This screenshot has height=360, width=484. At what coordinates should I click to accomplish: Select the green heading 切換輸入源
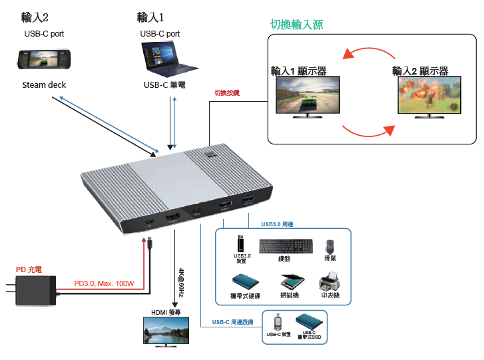pyautogui.click(x=296, y=25)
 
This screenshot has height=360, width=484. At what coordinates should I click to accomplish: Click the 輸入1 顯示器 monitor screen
pyautogui.click(x=306, y=94)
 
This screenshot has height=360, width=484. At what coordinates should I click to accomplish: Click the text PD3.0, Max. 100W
pyautogui.click(x=104, y=283)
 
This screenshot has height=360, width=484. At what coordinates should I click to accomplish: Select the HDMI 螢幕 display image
pyautogui.click(x=166, y=331)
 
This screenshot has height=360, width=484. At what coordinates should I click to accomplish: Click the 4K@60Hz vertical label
pyautogui.click(x=181, y=280)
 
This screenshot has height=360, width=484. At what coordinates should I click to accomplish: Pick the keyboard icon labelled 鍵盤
pyautogui.click(x=287, y=246)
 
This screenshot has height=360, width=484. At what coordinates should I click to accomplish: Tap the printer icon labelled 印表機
pyautogui.click(x=330, y=281)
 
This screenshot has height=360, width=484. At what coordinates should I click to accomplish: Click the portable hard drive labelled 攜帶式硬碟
pyautogui.click(x=244, y=282)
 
